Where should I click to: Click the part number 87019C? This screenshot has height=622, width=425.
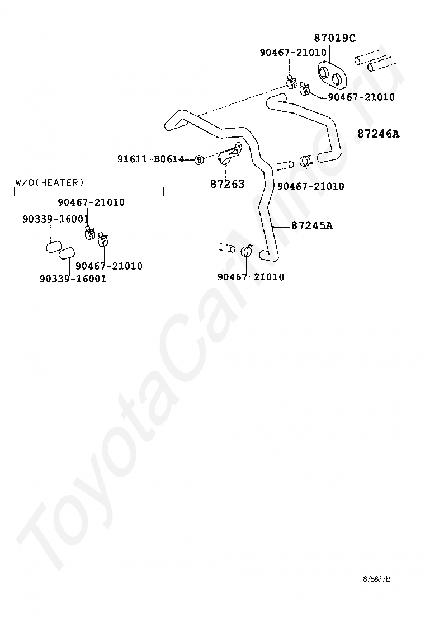coord(334,38)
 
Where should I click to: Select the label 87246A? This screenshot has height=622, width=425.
coord(379,134)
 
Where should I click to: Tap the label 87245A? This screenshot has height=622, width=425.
coord(312,226)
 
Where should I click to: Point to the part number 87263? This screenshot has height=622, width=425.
coord(228,184)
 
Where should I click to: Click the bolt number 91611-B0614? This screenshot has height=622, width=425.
coord(150,159)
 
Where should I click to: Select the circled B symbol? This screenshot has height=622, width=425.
coord(199,160)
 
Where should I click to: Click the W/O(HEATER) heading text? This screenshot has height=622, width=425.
coord(50,182)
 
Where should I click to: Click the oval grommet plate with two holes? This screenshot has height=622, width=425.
coord(331,74)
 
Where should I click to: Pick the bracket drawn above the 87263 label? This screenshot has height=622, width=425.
coord(231,154)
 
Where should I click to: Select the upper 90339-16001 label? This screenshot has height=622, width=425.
coord(55,219)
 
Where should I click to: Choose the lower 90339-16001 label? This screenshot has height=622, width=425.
coord(73,279)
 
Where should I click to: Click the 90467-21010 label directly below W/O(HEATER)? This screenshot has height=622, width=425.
coord(91,202)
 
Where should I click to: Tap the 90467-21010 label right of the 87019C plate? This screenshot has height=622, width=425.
coord(361,97)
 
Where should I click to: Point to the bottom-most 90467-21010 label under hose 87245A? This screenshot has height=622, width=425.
coord(250,277)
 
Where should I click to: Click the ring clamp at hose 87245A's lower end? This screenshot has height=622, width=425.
coord(247,251)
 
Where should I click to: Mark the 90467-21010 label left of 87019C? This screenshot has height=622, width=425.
coord(292,53)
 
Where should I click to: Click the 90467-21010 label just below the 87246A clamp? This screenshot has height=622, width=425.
coord(310,186)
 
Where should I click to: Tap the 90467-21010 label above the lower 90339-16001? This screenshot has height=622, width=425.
coord(109,266)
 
